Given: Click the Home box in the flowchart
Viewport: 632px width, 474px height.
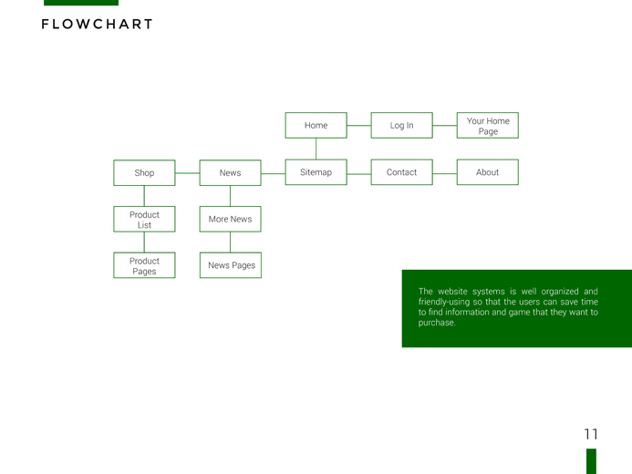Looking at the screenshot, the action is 316,125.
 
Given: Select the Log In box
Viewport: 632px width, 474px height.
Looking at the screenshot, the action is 402,125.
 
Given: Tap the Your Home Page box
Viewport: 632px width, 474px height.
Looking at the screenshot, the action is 488,125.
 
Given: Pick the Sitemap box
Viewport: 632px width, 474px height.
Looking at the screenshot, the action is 316,172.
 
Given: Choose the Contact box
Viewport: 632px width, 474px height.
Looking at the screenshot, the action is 402,172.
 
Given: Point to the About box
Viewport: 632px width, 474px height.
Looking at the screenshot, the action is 488,172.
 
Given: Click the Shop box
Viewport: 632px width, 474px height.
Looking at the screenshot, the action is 144,173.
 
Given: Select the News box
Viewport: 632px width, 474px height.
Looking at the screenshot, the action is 230,173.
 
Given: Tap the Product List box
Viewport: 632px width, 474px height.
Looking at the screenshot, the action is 144,219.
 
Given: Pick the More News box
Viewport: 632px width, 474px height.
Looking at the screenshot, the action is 230,219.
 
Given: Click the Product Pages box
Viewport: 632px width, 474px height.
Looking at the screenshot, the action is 144,265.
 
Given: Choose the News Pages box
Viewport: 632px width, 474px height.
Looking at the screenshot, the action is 231,265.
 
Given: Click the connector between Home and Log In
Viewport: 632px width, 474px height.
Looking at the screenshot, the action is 359,125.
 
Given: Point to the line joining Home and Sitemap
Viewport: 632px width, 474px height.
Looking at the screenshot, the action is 316,149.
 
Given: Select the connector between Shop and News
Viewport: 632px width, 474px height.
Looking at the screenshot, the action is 188,173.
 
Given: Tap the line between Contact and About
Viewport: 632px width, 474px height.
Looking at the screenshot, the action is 445,173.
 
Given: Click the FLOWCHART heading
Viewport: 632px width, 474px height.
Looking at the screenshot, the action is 98,25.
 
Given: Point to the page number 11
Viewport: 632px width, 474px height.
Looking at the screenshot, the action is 591,434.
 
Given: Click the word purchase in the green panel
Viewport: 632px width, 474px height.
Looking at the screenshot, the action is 436,323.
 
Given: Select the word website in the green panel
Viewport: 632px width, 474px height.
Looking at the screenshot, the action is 452,291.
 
